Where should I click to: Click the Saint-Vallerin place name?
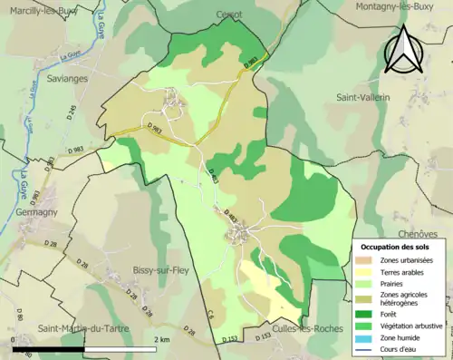point(362,97)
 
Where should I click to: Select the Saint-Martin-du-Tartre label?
point(82,328)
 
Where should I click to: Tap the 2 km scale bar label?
point(164,339)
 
